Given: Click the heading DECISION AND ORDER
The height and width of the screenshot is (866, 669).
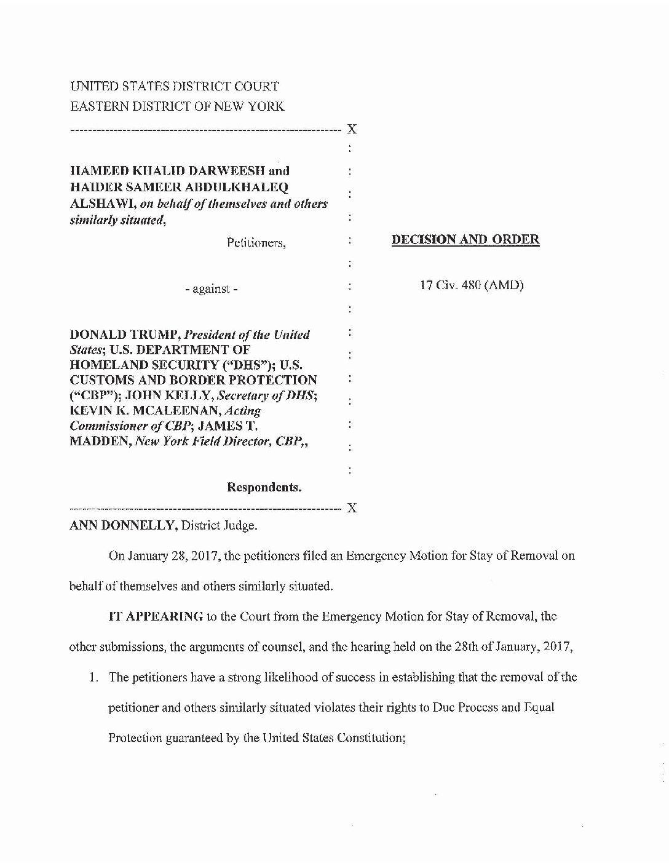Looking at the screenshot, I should pos(465,240).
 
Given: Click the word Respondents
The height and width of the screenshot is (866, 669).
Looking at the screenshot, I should pos(264,488).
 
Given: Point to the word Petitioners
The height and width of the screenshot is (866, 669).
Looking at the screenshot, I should pos(256,243).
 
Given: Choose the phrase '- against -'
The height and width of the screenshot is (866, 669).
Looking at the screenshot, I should pos(211,288).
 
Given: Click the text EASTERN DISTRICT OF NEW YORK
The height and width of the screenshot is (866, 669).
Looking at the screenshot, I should pos(177,106).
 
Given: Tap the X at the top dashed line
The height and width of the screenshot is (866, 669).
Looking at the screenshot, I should pos(352,129).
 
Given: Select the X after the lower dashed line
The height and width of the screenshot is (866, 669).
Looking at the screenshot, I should pos(352,508).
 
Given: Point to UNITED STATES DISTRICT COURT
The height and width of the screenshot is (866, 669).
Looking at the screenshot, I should pos(175,87).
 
